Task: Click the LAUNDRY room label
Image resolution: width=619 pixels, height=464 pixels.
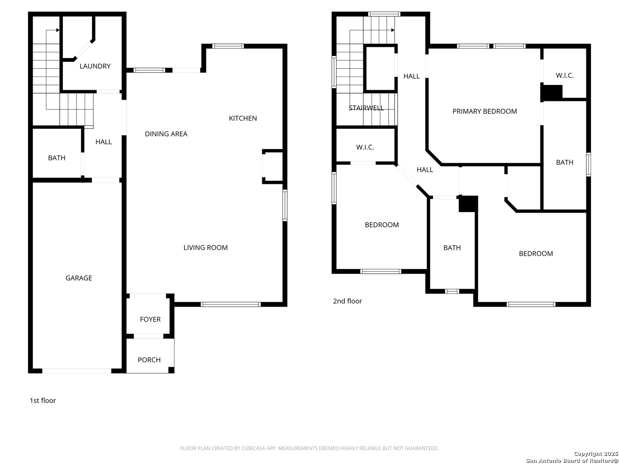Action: [x=95, y=66]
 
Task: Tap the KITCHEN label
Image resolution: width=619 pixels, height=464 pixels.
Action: [x=242, y=118]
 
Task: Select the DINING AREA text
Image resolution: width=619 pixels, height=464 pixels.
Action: [x=166, y=134]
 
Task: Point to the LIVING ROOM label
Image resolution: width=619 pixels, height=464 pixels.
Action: [x=205, y=247]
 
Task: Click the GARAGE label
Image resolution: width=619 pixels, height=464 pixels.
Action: [x=79, y=278]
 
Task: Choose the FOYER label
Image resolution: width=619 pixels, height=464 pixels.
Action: [x=150, y=319]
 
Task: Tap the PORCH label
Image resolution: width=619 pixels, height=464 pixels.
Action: [x=149, y=360]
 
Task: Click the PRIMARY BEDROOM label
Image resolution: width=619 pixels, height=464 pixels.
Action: [x=484, y=111]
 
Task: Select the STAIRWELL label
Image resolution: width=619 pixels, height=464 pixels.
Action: [x=366, y=108]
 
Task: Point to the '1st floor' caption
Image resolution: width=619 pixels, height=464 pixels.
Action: [x=43, y=400]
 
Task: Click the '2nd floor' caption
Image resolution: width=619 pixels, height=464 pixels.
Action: [x=347, y=301]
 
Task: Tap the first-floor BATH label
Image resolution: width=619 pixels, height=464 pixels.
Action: [x=56, y=158]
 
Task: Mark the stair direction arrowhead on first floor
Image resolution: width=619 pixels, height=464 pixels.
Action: [x=58, y=30]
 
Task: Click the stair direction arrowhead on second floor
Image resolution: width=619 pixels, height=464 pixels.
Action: [x=392, y=30]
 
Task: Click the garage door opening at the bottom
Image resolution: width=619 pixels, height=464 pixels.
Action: [x=77, y=371]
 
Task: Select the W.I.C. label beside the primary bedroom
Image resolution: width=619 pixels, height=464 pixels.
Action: [x=564, y=76]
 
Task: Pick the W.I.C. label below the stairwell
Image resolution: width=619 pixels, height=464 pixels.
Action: [x=365, y=147]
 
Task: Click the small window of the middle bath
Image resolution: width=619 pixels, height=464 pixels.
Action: [x=452, y=291]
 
